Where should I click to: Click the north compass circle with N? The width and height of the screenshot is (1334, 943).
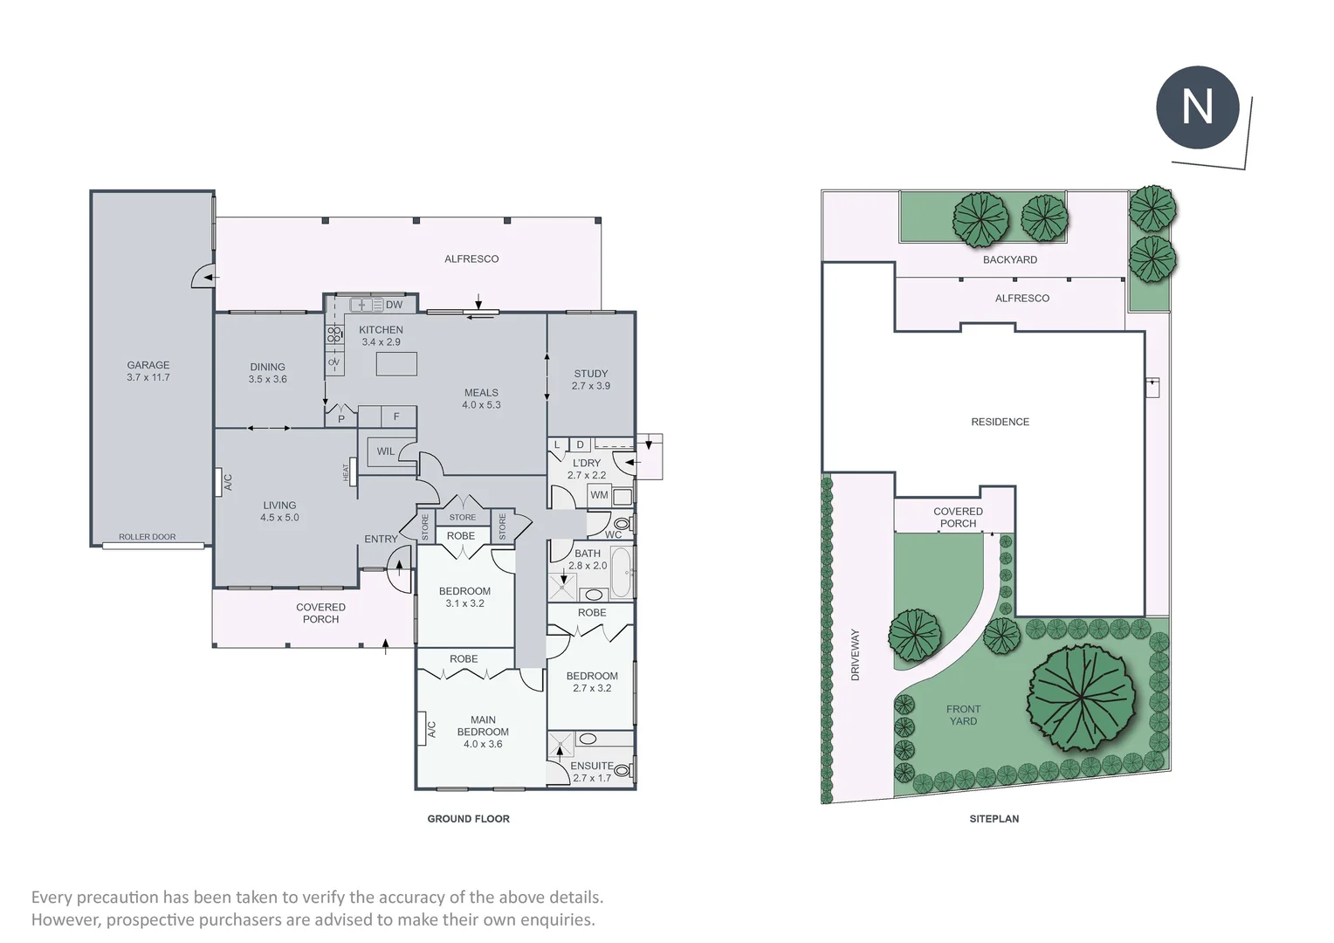tap(1197, 107)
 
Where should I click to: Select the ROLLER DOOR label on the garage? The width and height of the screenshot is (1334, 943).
tap(147, 537)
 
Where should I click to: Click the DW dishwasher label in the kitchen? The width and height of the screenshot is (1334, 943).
tap(394, 305)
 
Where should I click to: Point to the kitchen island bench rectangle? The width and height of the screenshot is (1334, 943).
tap(396, 364)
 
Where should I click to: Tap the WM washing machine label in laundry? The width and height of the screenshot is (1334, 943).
tap(599, 495)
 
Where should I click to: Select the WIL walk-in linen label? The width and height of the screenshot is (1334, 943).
tap(385, 451)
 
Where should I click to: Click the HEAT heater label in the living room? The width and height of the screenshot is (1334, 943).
tap(346, 471)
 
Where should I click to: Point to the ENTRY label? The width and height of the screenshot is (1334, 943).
tap(381, 540)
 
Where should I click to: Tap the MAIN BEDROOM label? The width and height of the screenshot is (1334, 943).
tap(483, 732)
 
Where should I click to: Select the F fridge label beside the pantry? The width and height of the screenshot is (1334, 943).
tap(396, 416)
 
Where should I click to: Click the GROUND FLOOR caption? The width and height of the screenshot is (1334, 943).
tap(468, 819)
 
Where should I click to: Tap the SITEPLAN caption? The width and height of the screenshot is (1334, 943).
tap(994, 819)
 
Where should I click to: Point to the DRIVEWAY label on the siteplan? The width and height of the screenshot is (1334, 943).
tap(856, 655)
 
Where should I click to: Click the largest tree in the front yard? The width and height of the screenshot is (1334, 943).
tap(1082, 698)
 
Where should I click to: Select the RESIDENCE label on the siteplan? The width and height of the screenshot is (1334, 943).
tap(1000, 422)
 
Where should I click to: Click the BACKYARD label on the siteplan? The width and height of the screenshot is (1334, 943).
tap(1010, 259)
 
